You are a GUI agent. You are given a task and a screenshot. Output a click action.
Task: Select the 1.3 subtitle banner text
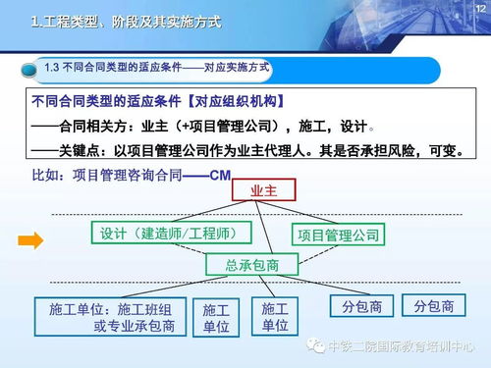click(157, 69)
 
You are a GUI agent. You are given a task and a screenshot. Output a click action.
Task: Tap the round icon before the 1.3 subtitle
click(31, 70)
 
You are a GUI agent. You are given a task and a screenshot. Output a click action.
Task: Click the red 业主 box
click(264, 188)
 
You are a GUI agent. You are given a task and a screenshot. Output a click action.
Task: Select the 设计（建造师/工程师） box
click(171, 233)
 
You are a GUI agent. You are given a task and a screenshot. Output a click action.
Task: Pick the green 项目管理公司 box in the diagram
click(340, 235)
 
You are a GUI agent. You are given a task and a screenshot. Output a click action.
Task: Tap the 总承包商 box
click(251, 265)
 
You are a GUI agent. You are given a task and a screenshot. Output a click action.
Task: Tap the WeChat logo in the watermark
click(313, 345)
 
